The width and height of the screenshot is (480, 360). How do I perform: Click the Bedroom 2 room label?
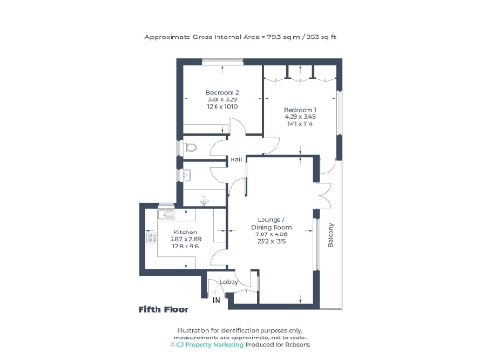[223, 92]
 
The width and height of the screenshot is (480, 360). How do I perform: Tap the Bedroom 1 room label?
[300, 110]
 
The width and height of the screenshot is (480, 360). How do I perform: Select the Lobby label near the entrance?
[227, 280]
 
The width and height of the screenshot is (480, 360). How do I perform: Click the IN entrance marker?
[217, 300]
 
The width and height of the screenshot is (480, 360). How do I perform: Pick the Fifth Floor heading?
[163, 308]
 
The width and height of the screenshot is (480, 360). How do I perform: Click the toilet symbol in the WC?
[189, 147]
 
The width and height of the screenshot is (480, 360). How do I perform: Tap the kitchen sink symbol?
[152, 215]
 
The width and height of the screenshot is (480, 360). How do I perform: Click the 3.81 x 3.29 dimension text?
[223, 99]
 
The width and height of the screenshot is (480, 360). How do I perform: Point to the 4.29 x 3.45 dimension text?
[300, 117]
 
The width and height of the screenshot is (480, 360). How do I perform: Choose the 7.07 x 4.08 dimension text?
[277, 238]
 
